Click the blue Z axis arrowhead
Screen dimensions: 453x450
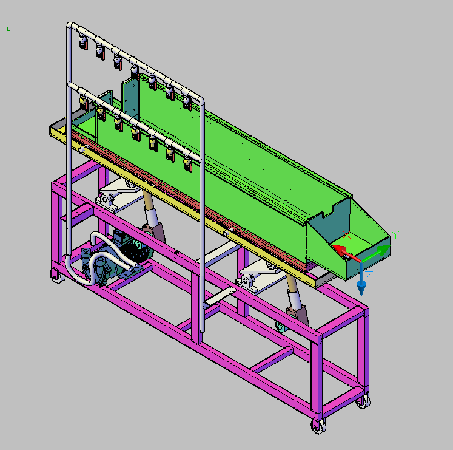click(361, 287)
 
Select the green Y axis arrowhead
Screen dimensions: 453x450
click(384, 250)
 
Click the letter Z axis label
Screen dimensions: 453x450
click(369, 276)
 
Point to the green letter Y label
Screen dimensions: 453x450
click(395, 234)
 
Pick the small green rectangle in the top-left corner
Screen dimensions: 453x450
click(8, 29)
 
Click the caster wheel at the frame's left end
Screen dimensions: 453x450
click(56, 276)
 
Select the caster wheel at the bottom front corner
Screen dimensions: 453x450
click(318, 426)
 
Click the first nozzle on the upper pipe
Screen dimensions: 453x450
click(83, 41)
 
